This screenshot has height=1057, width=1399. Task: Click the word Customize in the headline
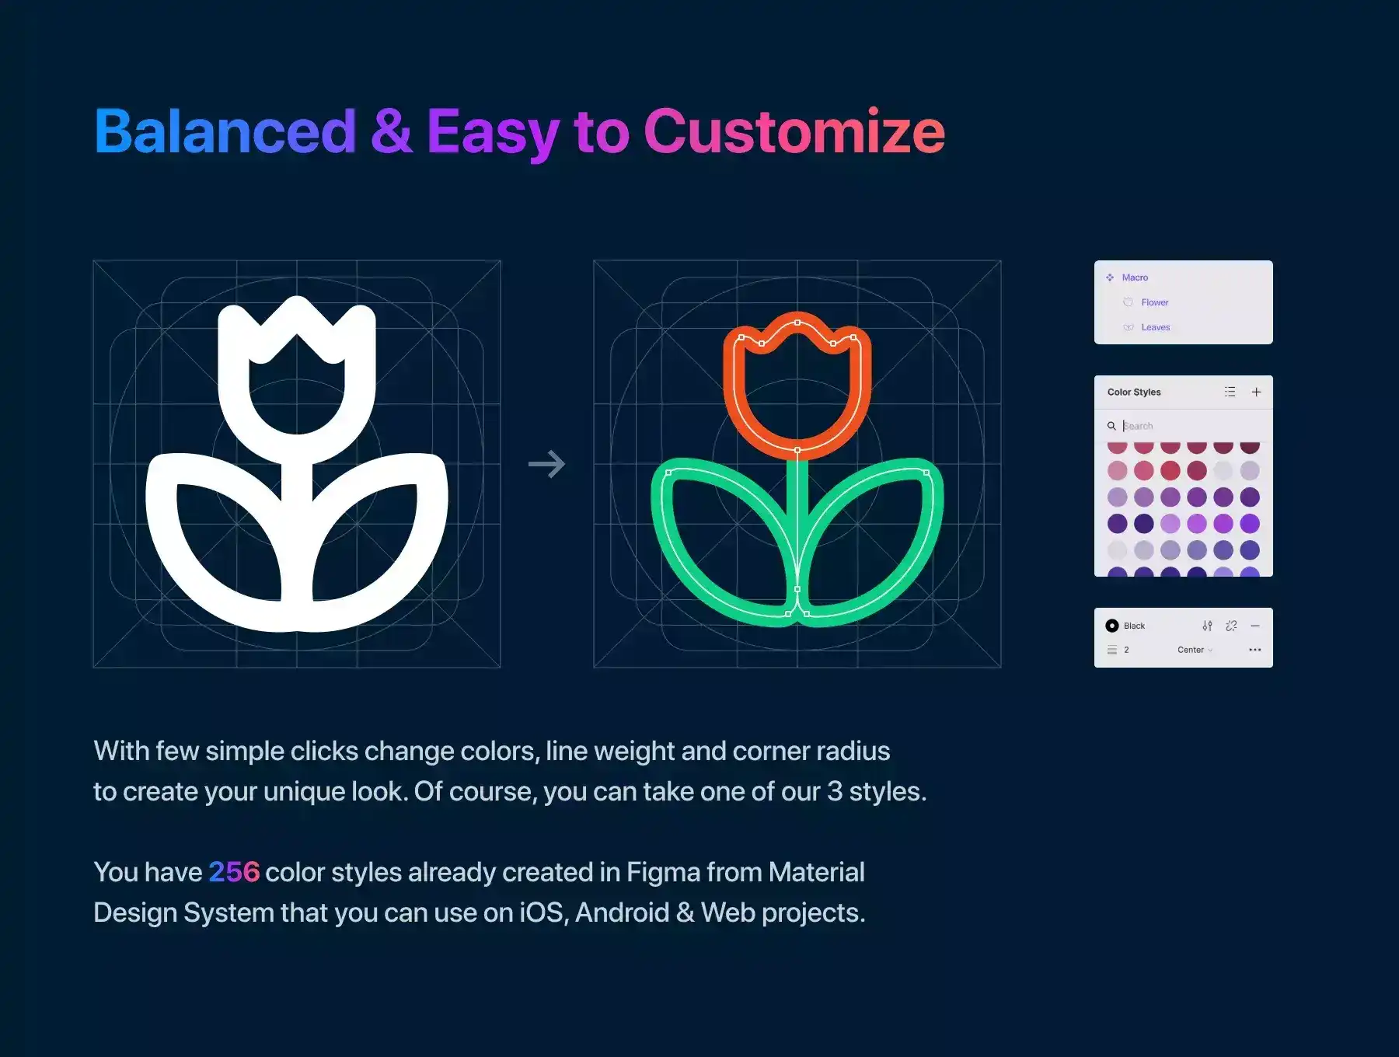[794, 131]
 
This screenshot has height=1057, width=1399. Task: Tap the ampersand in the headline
[391, 131]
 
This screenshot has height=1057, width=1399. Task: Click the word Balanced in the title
[225, 131]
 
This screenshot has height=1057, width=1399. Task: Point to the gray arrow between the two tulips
[546, 464]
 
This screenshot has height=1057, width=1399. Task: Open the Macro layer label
[1135, 277]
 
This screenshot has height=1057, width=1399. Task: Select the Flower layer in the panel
[1155, 302]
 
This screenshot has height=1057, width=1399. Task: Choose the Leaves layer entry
[1155, 327]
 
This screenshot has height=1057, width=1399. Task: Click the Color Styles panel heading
[1134, 392]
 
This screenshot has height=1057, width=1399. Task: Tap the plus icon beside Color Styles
[1256, 392]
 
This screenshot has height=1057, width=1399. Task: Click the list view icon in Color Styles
[1230, 392]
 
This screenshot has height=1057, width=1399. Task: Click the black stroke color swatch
[1112, 626]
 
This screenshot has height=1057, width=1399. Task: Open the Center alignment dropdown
[1195, 650]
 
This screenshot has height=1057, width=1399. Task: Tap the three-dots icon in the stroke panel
[1254, 650]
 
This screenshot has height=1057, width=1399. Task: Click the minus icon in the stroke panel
[1254, 626]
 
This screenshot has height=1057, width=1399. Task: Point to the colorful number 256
[234, 872]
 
